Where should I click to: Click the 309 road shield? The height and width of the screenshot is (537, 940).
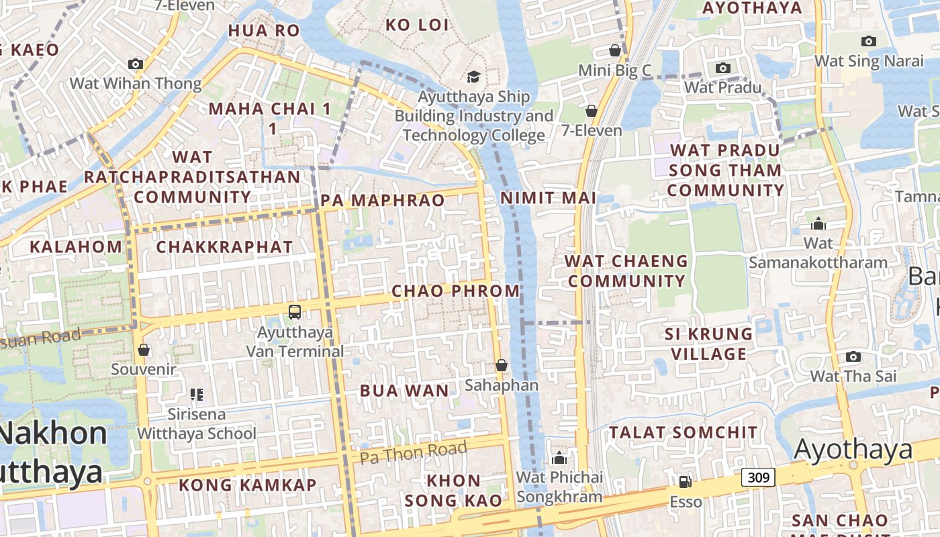click(758, 477)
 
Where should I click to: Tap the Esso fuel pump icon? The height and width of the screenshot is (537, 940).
click(685, 481)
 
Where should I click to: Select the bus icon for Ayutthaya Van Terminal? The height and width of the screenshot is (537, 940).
click(295, 311)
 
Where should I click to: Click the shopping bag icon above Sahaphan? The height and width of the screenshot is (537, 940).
click(501, 365)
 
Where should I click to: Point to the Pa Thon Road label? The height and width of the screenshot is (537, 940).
click(413, 453)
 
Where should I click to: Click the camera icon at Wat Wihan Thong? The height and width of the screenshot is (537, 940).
click(136, 64)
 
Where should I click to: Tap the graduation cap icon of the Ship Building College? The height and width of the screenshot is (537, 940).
click(473, 77)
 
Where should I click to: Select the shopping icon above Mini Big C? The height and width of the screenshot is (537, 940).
click(614, 50)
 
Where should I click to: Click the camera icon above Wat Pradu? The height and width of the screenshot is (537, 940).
click(723, 68)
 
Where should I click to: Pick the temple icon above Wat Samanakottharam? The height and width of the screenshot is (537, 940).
click(818, 224)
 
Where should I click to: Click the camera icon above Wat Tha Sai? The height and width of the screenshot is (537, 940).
click(853, 356)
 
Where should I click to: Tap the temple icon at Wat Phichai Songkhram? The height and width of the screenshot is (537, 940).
click(559, 458)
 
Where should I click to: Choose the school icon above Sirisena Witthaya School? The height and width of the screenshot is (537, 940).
click(196, 395)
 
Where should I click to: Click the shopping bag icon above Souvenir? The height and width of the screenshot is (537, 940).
click(143, 350)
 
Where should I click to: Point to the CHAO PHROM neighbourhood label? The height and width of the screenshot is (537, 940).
click(455, 291)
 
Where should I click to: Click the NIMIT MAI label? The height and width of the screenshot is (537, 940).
click(549, 197)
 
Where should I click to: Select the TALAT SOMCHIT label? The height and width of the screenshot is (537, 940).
click(683, 432)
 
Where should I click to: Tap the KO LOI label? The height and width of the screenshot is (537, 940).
click(416, 25)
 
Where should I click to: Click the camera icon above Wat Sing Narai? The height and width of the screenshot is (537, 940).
click(869, 41)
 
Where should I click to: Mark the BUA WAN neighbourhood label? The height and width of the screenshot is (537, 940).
click(404, 391)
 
